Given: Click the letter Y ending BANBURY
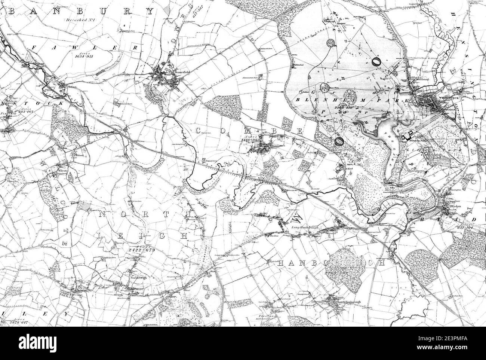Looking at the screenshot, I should pos(150,11).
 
